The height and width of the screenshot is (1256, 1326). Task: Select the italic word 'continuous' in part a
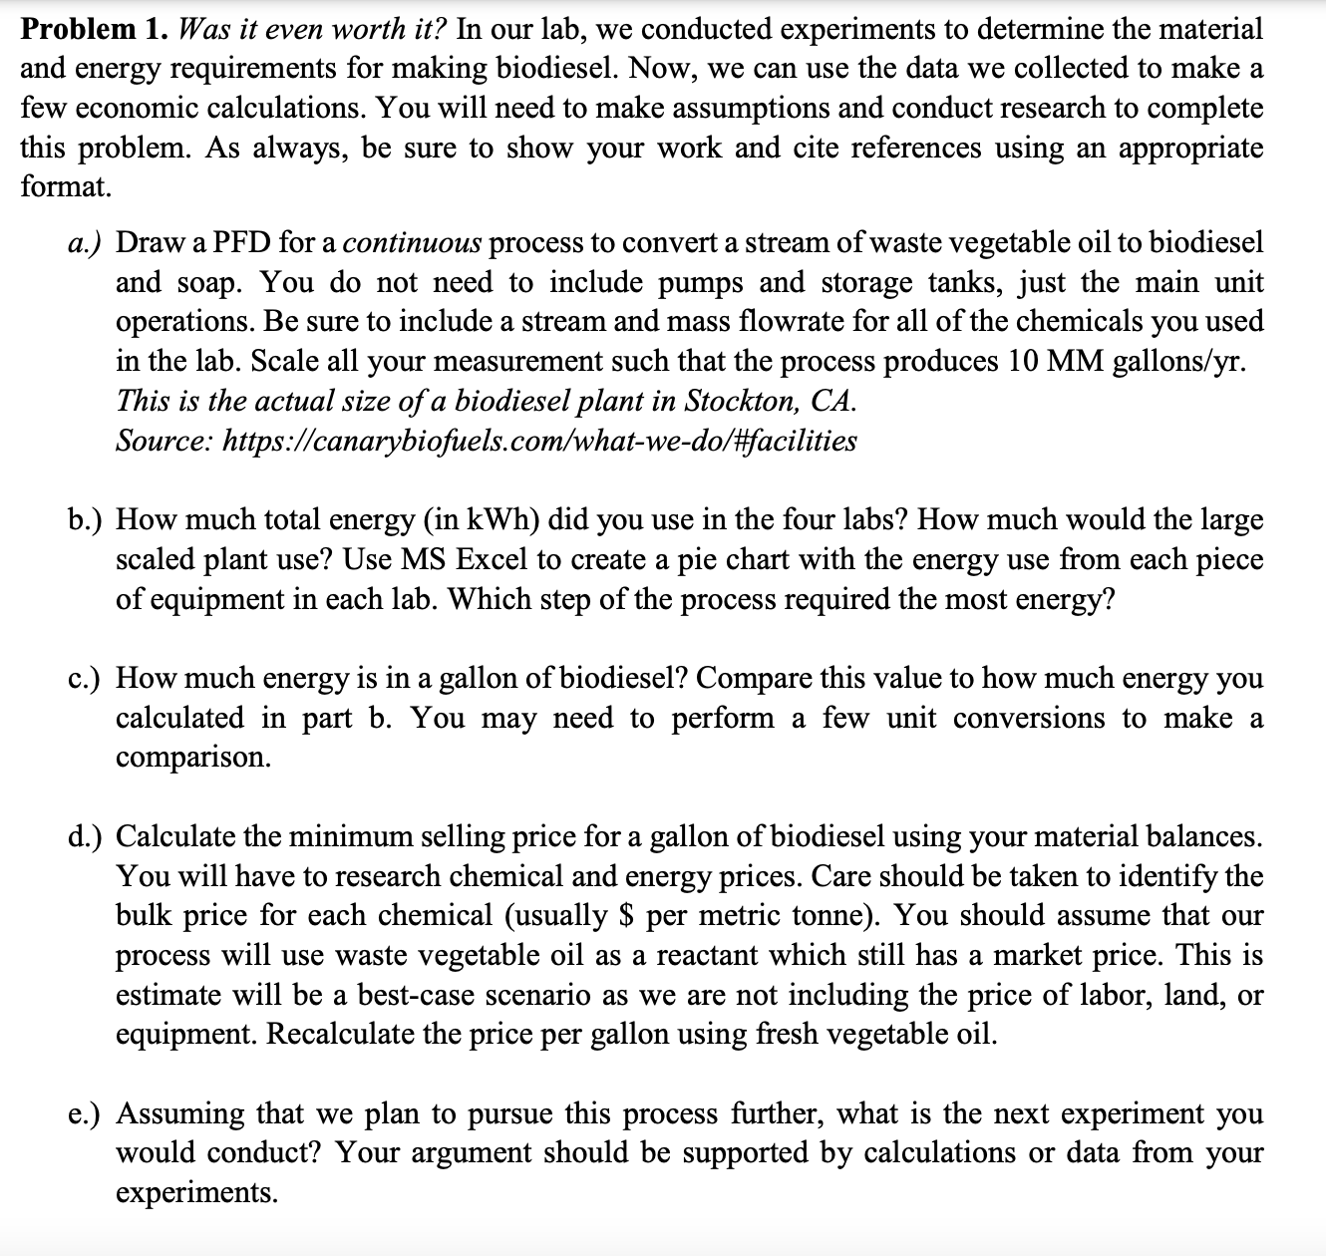click(419, 243)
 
